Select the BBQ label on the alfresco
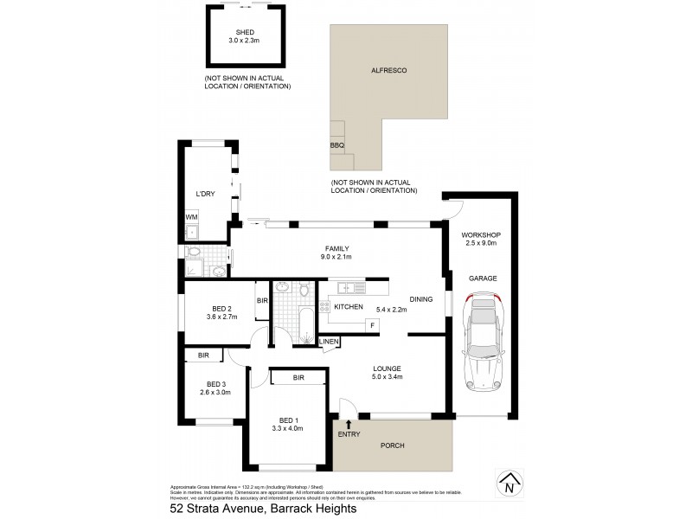337,145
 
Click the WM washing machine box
191,216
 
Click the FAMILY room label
337,246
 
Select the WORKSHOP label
481,235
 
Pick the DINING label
421,299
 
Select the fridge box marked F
371,324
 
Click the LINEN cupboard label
330,343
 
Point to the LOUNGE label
388,368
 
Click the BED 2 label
222,309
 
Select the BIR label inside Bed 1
298,377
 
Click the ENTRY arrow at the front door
349,424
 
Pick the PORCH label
392,446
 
